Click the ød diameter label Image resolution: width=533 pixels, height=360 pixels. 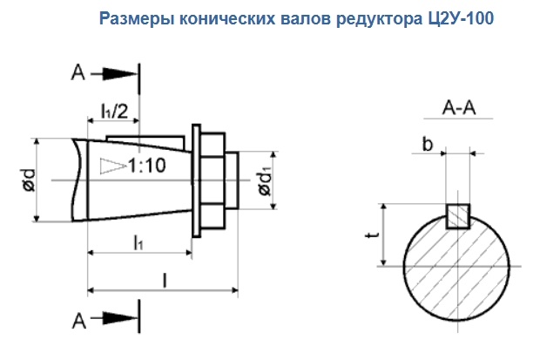(29, 180)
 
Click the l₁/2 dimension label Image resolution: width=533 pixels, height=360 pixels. (112, 110)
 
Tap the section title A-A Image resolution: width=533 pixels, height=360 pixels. (458, 110)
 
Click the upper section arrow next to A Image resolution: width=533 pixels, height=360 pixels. (114, 75)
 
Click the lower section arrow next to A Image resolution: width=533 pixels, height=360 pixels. (114, 321)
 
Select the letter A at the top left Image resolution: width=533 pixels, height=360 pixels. (78, 75)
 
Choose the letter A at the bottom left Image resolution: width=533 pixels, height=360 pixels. (78, 322)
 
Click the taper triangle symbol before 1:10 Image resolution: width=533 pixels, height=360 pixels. (111, 164)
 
